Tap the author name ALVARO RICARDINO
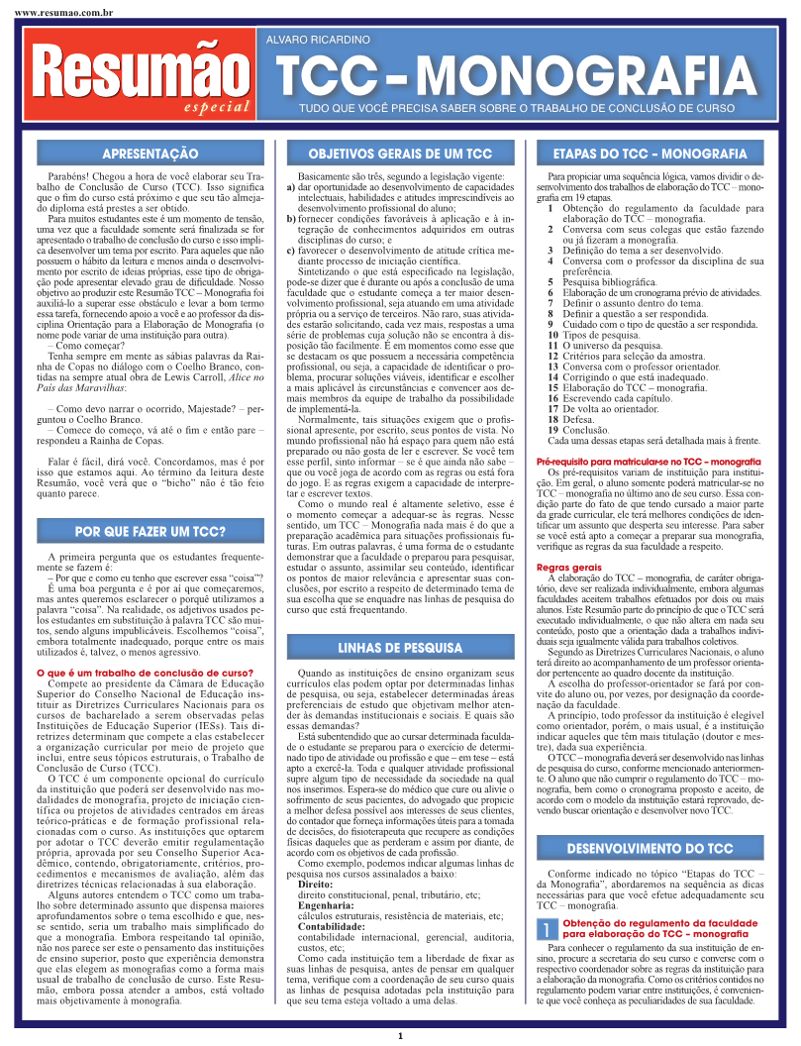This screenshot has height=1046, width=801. pos(318,39)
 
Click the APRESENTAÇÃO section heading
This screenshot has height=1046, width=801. pos(150,156)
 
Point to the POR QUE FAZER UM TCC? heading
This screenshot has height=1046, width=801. pos(150,531)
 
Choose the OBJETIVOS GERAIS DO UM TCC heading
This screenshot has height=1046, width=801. pos(399,156)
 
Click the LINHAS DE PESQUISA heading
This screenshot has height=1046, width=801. pos(399,620)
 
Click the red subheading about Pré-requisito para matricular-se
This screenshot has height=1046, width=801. pos(634,462)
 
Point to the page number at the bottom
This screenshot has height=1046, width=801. pos(400,1036)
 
